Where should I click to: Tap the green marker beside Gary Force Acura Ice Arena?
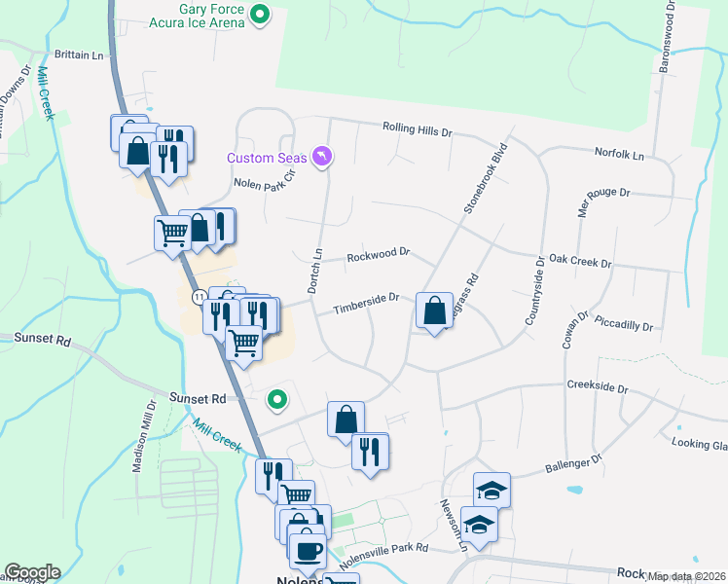260,14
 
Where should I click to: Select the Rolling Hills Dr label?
418,128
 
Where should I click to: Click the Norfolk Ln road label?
620,155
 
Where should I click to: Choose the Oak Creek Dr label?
579,263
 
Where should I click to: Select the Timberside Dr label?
367,304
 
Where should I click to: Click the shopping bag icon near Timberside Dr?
434,311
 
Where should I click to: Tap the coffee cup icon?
309,550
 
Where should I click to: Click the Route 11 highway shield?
198,295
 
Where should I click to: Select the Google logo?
32,572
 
